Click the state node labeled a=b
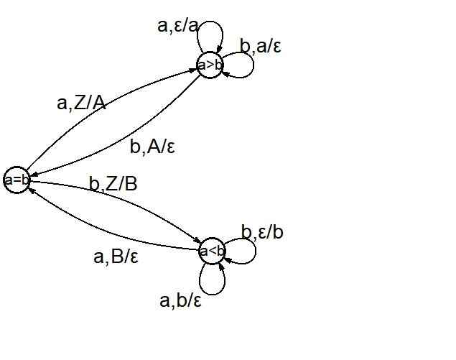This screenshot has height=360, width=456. tap(17, 180)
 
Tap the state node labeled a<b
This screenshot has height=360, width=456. tap(212, 251)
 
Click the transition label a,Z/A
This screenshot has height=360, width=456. tap(81, 103)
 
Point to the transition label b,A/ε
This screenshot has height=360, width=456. tap(152, 147)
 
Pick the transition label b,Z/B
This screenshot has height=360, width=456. tap(113, 184)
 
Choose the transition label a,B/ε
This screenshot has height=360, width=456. tap(116, 256)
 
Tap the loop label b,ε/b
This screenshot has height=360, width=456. tap(262, 233)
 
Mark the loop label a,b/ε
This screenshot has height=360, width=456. tap(180, 300)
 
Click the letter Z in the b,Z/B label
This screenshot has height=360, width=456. tap(113, 184)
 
